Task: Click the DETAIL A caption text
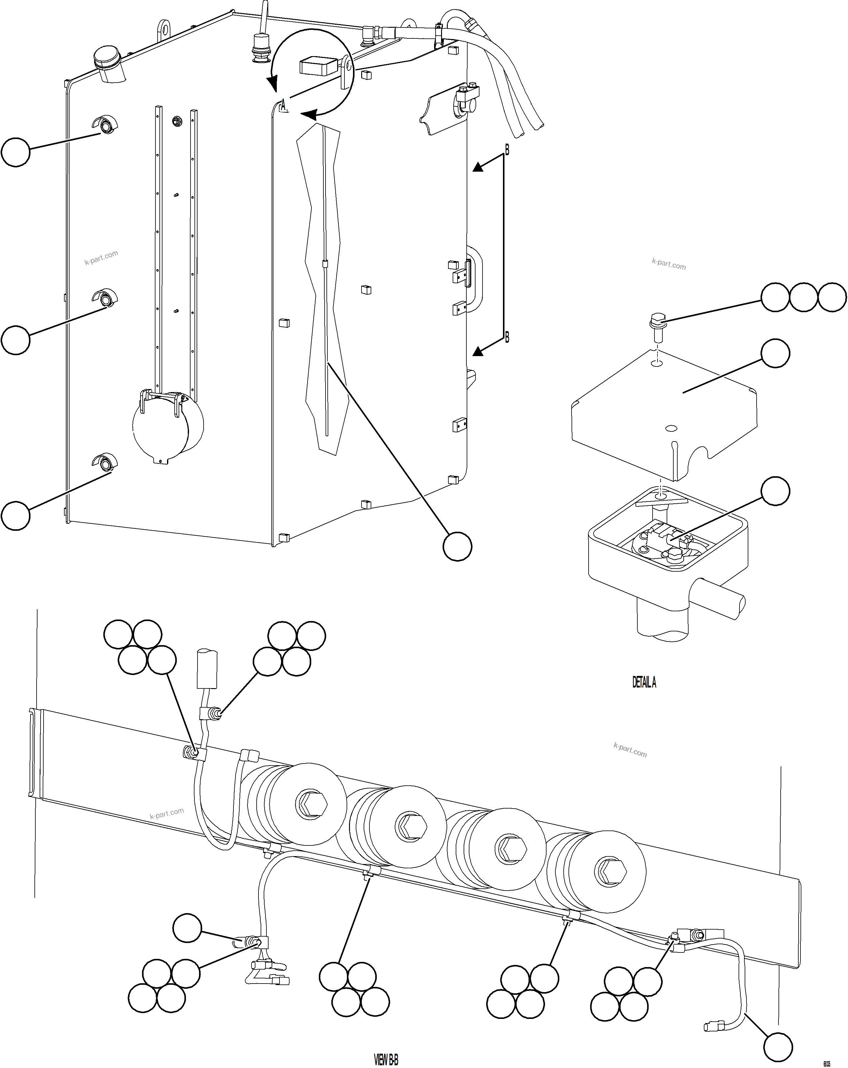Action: coord(644,682)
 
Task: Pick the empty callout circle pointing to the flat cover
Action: coord(775,353)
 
